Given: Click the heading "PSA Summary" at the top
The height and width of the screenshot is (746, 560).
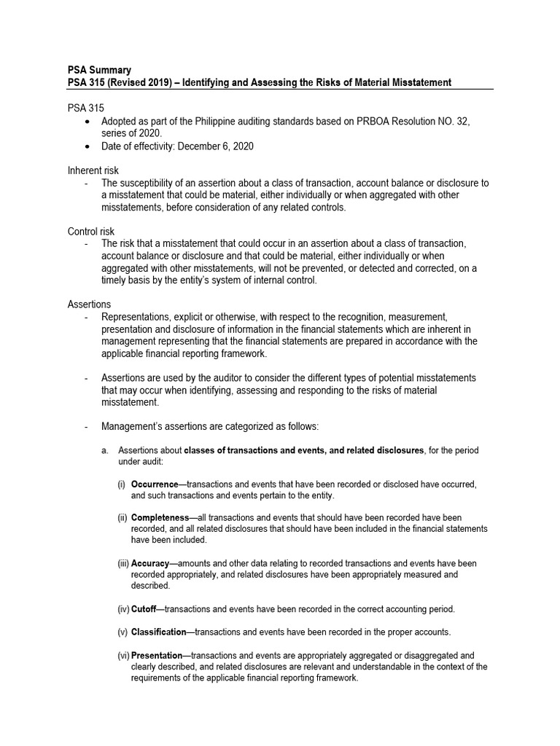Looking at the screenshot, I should (99, 71).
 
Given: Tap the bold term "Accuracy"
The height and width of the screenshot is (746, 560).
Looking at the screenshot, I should (150, 563).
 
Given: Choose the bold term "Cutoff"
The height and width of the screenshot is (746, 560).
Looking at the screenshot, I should (144, 608).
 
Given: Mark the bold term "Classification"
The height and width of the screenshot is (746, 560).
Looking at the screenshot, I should (158, 632).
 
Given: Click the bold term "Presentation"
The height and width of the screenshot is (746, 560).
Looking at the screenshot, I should (156, 655).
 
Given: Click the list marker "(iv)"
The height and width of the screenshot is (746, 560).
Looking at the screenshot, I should (122, 608).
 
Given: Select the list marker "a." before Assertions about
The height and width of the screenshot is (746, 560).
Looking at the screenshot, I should (105, 450).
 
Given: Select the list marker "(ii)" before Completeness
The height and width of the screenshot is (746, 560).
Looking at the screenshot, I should (122, 517).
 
